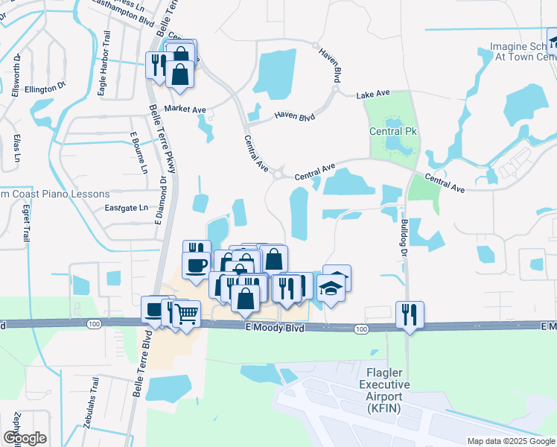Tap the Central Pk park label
392,132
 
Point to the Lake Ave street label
373,95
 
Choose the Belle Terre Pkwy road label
162,139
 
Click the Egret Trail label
25,223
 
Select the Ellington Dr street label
45,89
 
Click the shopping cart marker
186,314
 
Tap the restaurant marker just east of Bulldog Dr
410,314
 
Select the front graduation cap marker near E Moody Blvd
331,288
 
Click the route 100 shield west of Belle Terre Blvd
93,324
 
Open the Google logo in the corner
25,438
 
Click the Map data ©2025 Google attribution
510,441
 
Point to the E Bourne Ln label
139,153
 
